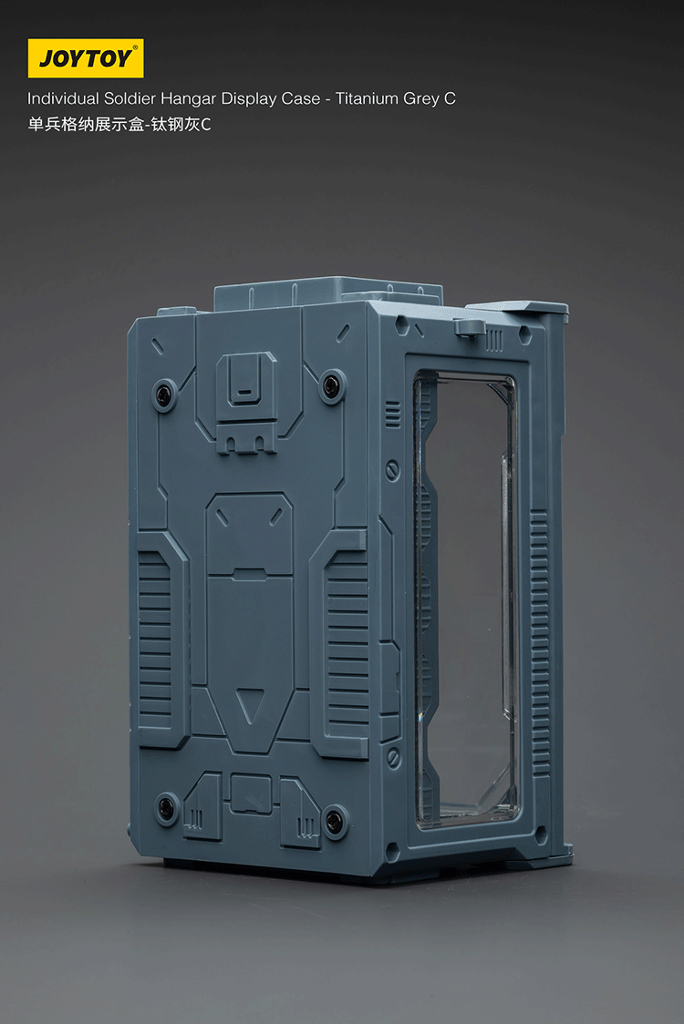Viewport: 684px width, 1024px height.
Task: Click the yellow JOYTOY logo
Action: coord(85,58)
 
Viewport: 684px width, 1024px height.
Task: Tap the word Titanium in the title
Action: coord(367,98)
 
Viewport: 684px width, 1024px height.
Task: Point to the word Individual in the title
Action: coord(63,98)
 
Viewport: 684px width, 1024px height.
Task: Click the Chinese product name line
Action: coord(119,125)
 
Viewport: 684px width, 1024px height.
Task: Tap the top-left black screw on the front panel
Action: coord(165,393)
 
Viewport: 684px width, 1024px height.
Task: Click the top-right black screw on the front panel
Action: coord(332,386)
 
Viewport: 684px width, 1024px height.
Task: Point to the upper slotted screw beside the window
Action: coord(393,471)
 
